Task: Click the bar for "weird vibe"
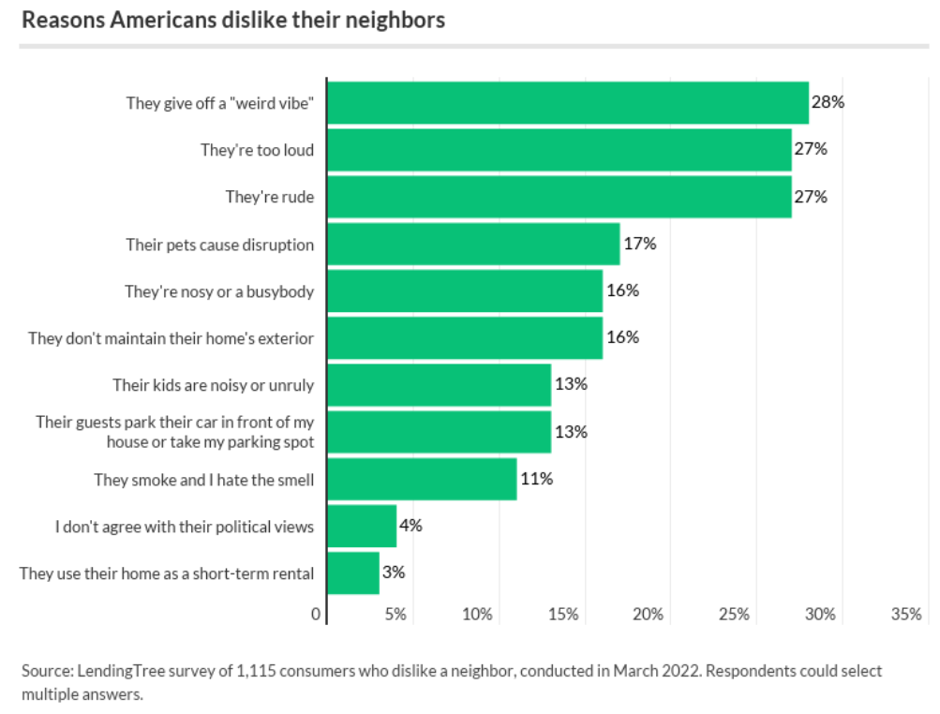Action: (567, 103)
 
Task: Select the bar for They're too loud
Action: (559, 150)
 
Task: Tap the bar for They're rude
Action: (559, 197)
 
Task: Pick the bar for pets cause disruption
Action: (473, 244)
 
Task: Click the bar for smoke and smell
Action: (422, 479)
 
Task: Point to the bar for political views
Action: (362, 526)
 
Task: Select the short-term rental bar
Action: (353, 573)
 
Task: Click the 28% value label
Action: (828, 102)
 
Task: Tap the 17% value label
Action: (639, 244)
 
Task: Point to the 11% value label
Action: (536, 479)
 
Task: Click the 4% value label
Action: (410, 526)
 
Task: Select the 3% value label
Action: (394, 573)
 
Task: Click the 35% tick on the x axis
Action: (906, 615)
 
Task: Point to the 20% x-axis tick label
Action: (649, 615)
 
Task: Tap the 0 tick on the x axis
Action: (316, 615)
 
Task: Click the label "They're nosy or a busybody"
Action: (219, 291)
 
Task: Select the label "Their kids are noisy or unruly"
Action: (213, 385)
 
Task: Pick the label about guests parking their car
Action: (174, 432)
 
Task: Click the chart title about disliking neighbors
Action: (232, 20)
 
